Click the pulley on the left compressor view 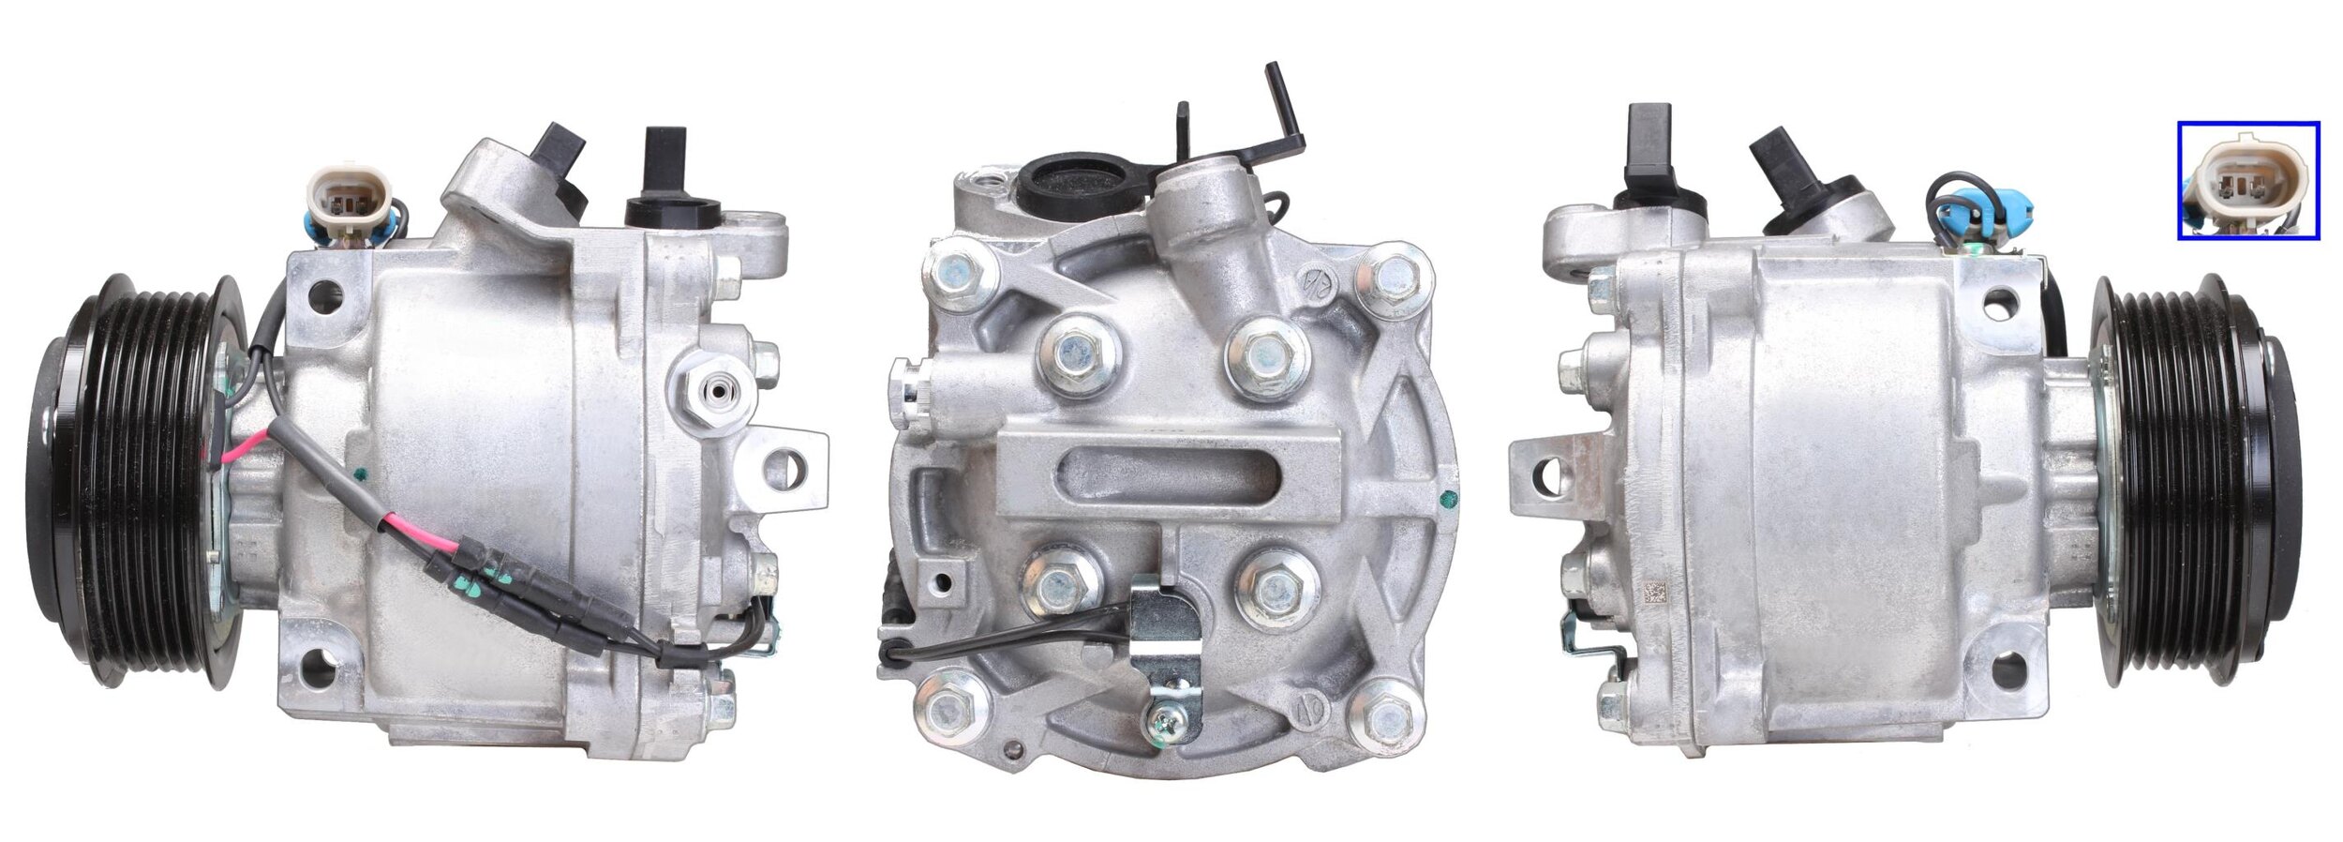tap(131, 480)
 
